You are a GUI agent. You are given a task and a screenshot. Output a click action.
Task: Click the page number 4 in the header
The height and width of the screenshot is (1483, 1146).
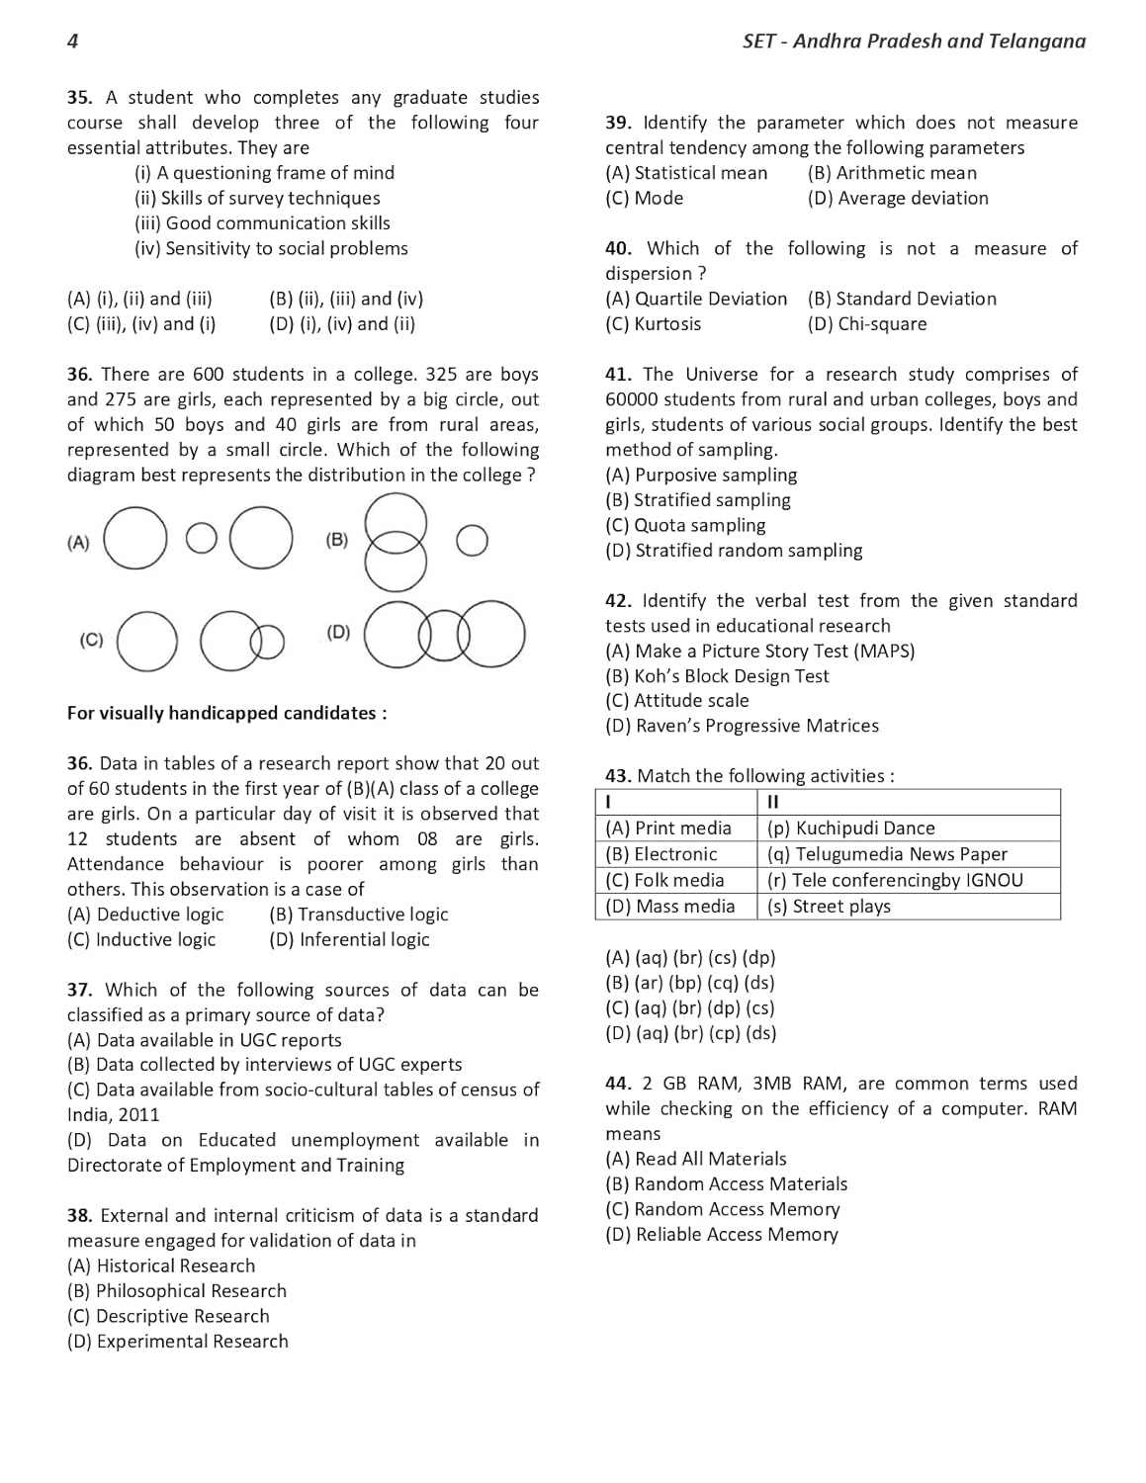point(73,41)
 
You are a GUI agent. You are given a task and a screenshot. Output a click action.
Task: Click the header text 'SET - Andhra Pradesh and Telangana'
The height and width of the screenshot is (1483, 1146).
point(913,41)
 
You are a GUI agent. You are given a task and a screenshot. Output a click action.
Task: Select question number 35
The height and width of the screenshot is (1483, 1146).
point(79,97)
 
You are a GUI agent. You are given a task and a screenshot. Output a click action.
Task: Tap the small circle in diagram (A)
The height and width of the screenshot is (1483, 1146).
point(201,538)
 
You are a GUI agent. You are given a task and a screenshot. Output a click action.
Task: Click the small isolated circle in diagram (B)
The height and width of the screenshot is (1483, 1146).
point(472,540)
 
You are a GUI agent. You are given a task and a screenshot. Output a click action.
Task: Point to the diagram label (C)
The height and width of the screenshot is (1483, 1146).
point(91,640)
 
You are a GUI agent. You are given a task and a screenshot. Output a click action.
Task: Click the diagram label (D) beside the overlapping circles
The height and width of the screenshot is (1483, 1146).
point(338,632)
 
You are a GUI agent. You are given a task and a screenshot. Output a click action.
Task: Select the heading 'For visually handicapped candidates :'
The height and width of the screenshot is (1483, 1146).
point(226,713)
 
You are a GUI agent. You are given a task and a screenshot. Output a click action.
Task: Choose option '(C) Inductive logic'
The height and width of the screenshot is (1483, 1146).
point(141,939)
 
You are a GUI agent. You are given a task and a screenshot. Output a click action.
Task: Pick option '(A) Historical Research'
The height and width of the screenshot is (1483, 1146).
point(161,1265)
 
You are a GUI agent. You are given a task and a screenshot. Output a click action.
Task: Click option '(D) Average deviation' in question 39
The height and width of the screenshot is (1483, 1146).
point(898,198)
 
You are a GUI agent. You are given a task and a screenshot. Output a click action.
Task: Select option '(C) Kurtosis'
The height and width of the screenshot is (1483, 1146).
point(654,323)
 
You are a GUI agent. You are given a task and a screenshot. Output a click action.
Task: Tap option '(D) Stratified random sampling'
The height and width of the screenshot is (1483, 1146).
point(734,550)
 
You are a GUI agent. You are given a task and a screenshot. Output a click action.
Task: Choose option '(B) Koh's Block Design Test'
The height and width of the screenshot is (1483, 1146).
point(717,676)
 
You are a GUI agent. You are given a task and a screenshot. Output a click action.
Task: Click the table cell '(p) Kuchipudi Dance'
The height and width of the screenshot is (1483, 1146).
point(850,829)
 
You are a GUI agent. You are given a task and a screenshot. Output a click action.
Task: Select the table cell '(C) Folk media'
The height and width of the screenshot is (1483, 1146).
point(665,880)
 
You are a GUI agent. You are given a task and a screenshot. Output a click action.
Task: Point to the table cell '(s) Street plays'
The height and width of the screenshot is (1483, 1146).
point(829,906)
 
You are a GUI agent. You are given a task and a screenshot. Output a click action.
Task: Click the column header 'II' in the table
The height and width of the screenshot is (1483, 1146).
point(773,801)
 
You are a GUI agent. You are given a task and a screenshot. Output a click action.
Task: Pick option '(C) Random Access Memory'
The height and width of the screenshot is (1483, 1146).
point(723,1209)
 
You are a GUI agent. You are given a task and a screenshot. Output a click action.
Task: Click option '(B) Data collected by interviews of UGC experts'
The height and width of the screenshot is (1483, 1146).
point(264,1064)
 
